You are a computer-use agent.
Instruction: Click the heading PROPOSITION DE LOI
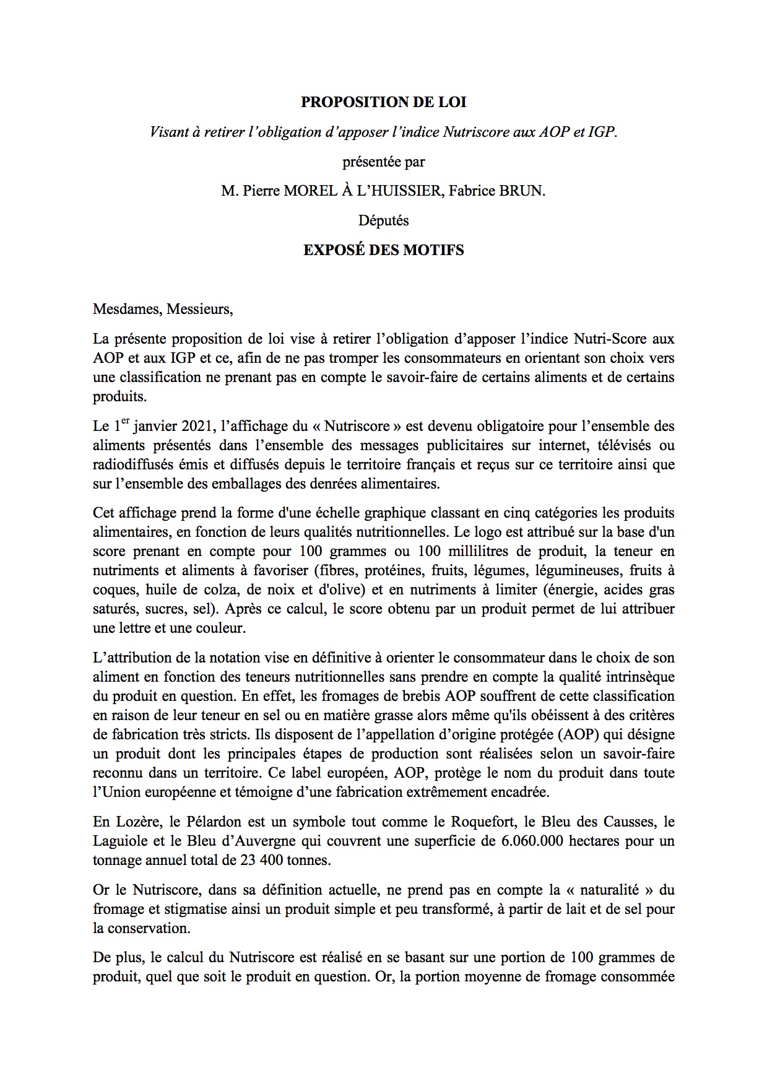coord(383,102)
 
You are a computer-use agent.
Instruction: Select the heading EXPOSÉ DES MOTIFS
coord(383,250)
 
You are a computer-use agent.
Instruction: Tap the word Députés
coord(383,220)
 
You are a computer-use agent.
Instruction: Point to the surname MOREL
coord(307,191)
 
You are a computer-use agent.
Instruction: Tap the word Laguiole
coord(120,841)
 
